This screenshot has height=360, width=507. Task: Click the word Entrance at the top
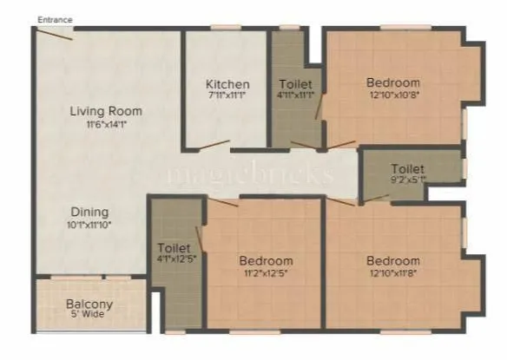[x=55, y=19]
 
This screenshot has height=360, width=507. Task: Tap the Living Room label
[x=106, y=111]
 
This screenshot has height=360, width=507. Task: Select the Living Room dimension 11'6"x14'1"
[x=106, y=124]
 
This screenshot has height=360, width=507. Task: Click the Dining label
[x=90, y=212]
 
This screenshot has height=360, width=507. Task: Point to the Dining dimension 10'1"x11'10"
[x=90, y=225]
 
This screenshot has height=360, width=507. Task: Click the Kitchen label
[x=227, y=84]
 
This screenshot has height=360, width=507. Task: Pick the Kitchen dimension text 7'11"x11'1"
[x=227, y=96]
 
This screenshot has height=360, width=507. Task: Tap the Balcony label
[x=90, y=304]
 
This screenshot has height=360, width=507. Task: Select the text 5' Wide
[x=90, y=317]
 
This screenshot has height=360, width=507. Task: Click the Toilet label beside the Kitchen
[x=295, y=84]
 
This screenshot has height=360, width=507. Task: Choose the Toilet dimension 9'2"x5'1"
[x=407, y=180]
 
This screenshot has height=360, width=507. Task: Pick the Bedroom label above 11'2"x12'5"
[x=266, y=261]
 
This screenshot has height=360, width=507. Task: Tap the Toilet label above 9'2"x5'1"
[x=407, y=168]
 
